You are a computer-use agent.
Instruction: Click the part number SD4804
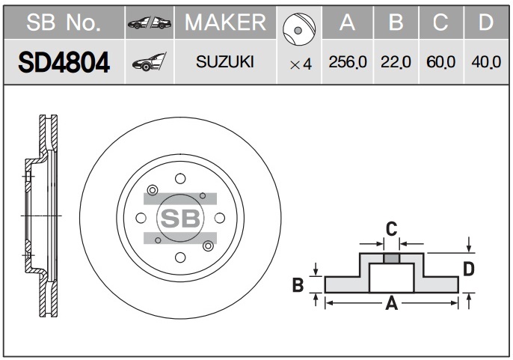64,63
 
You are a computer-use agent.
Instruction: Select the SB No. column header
64,22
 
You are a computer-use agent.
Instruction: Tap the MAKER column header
225,22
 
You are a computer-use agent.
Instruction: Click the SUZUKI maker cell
225,61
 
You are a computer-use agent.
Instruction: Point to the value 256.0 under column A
348,62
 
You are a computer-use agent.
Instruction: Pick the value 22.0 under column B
396,62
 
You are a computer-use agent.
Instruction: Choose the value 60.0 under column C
440,62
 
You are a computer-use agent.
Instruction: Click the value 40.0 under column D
486,62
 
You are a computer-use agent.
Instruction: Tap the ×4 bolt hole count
301,64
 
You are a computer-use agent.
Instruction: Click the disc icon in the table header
299,29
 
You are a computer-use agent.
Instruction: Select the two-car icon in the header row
150,22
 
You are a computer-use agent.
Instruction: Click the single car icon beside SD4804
150,62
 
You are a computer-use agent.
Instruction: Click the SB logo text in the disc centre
180,218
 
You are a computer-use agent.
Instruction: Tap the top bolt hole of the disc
180,179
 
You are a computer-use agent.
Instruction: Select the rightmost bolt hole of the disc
220,218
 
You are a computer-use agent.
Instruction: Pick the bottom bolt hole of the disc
180,257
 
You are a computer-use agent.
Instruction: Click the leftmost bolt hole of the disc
141,218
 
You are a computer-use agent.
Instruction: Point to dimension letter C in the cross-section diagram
391,229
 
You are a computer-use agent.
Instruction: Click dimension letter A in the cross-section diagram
392,303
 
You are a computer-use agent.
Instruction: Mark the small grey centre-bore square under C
392,258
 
